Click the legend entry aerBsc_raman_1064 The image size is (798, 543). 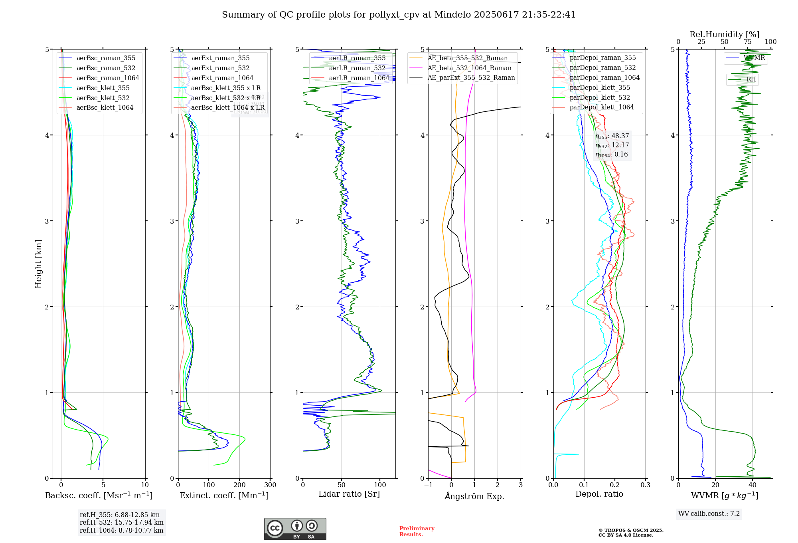click(108, 78)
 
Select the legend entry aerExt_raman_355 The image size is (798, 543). click(220, 58)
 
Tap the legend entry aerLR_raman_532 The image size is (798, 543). click(357, 68)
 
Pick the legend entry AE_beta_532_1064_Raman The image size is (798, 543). click(469, 68)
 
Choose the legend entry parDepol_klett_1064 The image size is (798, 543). click(601, 107)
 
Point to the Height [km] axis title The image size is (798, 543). click(38, 264)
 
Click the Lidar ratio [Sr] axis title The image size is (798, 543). click(349, 494)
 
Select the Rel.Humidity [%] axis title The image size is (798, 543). click(724, 34)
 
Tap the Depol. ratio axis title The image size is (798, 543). click(599, 494)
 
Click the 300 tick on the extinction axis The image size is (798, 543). click(270, 485)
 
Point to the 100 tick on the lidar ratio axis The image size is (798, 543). click(380, 485)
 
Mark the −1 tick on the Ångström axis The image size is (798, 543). click(428, 485)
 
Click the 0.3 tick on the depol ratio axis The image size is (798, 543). click(645, 485)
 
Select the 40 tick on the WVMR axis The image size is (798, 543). click(752, 485)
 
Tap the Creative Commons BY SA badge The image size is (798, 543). click(295, 529)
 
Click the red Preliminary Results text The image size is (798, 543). click(417, 531)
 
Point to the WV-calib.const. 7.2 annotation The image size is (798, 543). click(709, 514)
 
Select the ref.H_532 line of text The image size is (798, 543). click(121, 523)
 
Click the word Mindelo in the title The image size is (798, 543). click(452, 15)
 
